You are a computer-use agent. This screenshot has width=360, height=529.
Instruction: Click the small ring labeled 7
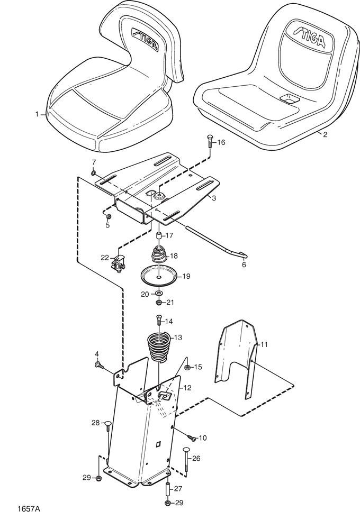point(93,171)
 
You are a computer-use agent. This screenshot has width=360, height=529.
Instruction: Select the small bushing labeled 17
point(158,235)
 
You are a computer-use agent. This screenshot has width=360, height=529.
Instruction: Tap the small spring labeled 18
point(158,254)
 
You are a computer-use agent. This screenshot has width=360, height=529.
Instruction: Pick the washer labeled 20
point(158,293)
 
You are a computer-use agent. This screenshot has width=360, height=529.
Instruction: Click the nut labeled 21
point(158,303)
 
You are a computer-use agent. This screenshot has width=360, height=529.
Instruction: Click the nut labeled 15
point(187,367)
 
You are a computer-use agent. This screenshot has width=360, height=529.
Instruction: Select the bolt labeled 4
point(99,364)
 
